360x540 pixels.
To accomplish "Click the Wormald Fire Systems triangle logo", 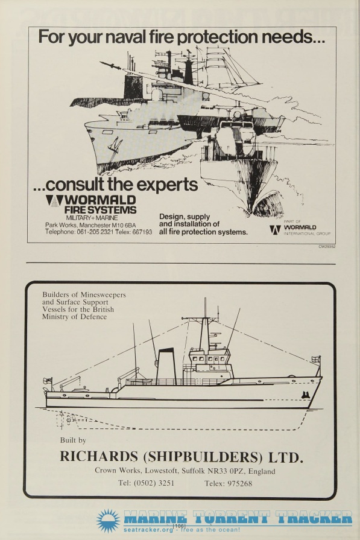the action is [54, 200].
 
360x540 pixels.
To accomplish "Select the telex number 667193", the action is [142, 232].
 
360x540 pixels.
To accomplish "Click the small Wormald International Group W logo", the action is [275, 230].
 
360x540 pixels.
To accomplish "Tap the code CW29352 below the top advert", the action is [327, 246].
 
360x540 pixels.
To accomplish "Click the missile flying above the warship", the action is [110, 65].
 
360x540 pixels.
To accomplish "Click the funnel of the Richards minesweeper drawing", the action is [166, 367].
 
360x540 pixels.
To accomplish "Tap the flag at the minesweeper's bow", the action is [315, 360].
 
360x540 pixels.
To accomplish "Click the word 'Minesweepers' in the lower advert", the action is [103, 295].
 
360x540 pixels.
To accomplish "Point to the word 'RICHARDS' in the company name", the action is [99, 456].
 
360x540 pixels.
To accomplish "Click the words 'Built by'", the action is [73, 440].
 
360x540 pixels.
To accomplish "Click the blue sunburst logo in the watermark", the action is [109, 520].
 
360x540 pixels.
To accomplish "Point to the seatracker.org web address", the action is [148, 530].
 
